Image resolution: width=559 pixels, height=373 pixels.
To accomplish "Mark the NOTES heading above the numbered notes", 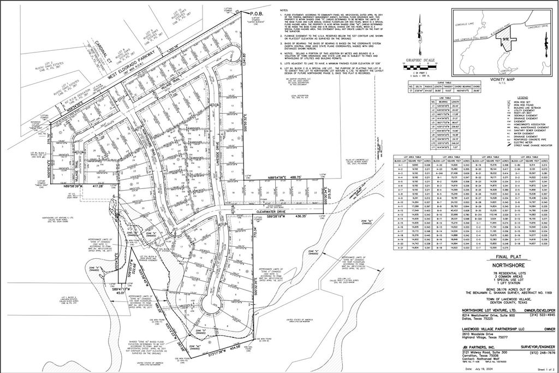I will click(284, 10).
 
